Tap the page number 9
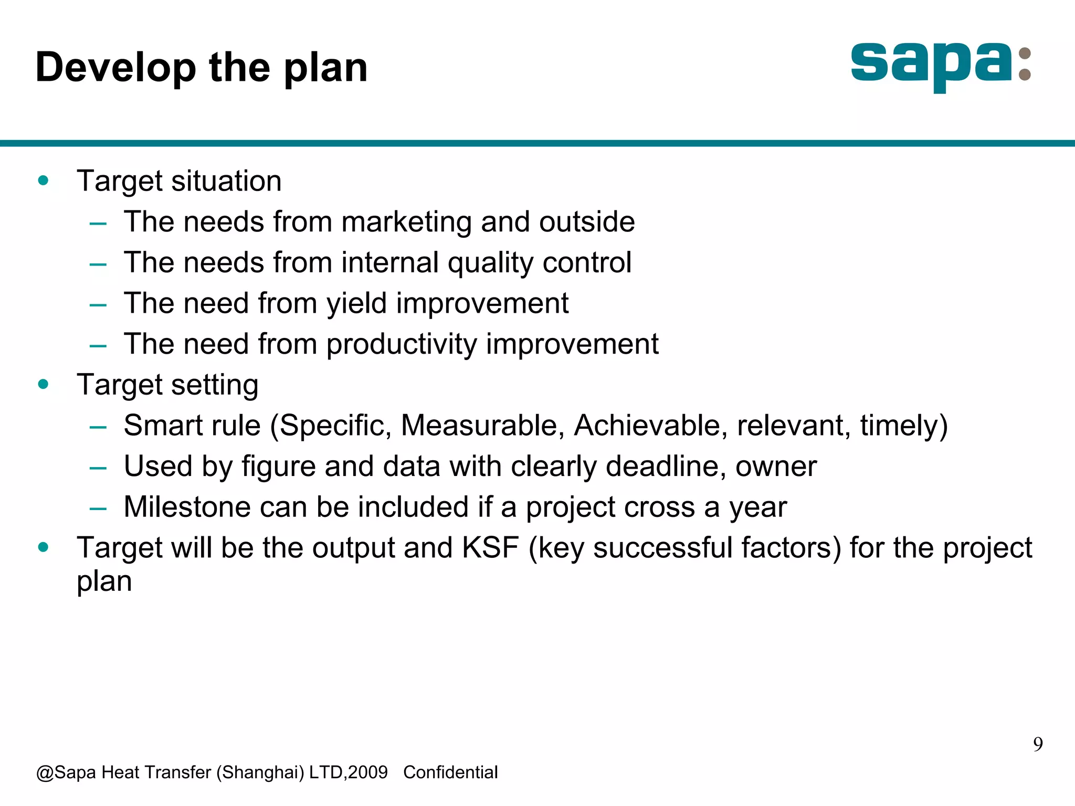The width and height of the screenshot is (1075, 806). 1038,744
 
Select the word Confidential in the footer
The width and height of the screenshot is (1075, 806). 450,772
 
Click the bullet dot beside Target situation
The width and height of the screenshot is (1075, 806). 44,181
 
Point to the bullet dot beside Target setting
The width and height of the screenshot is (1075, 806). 44,384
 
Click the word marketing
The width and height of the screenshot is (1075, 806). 407,222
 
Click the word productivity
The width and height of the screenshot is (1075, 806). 402,345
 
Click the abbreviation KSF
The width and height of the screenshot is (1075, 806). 490,548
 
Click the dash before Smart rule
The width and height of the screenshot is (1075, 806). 98,427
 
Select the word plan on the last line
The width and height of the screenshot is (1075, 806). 104,582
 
